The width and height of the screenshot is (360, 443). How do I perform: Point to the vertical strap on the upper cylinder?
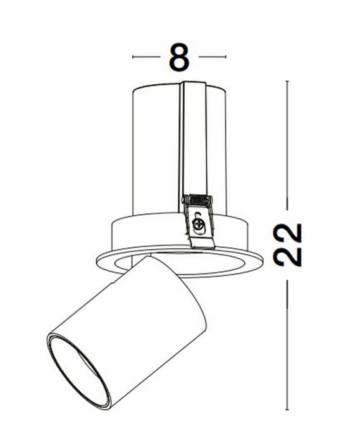tap(194, 139)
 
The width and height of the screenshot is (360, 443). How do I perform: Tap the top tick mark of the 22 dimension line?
tap(289, 82)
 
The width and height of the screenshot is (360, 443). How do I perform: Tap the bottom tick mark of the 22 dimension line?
tap(289, 409)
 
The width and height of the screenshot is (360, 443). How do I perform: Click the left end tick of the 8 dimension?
tap(133, 57)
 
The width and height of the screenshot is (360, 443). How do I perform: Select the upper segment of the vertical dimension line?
tap(289, 146)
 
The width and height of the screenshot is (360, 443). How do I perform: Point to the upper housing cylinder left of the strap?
tap(155, 152)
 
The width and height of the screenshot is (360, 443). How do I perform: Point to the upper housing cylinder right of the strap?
tap(217, 152)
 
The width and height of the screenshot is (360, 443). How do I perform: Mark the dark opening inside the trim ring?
tap(209, 265)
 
